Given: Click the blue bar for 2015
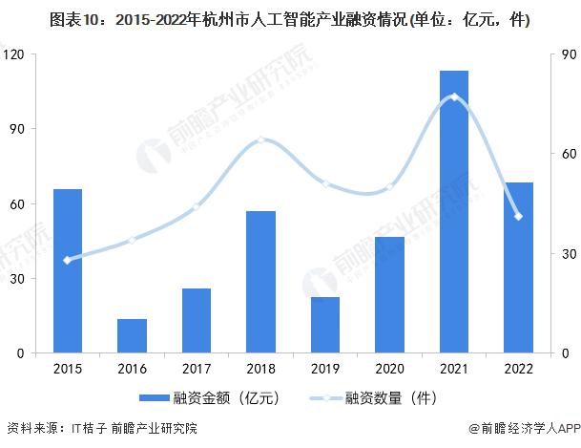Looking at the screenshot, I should pos(67,271).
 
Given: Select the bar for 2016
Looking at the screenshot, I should pos(132,336).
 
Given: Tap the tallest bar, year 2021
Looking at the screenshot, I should pos(453,212).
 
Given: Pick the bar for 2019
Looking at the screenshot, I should pos(324,325).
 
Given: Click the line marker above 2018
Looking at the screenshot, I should pos(260,140).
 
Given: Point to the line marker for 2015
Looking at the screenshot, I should pos(67,260).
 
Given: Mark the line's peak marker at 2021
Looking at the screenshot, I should pos(453,96).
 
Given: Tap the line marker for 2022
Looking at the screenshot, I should pos(518,217).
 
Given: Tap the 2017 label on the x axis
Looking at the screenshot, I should pos(196,368).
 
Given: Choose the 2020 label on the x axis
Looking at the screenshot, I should pos(389,368).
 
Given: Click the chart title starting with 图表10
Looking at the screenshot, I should pos(290,18).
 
